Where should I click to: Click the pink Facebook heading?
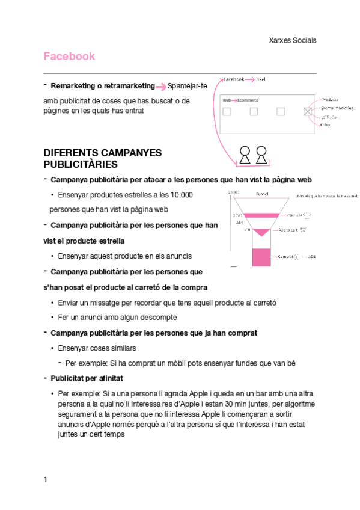tap(69, 57)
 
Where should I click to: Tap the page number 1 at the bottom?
tap(45, 479)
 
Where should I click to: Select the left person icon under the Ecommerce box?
tap(245, 155)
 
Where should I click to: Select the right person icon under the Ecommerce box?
tap(262, 155)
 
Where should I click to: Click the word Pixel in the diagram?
tap(260, 79)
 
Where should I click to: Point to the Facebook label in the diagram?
tap(234, 79)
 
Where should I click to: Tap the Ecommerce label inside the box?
tap(248, 100)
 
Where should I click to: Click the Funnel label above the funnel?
tap(262, 194)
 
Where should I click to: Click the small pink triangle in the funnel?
tap(261, 232)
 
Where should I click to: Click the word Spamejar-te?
tap(187, 86)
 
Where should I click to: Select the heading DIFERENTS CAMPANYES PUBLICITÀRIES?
tap(103, 158)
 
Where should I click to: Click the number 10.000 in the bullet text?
tap(182, 195)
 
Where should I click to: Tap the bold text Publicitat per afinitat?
tap(87, 378)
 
